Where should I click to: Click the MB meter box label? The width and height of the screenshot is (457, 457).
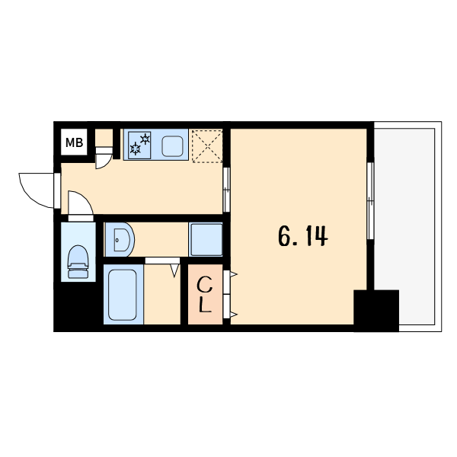[74, 143]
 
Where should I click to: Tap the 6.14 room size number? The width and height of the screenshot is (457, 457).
[303, 236]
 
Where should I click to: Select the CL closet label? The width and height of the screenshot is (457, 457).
[205, 295]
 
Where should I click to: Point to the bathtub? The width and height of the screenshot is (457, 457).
[123, 295]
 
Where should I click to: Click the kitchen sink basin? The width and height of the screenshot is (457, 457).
[173, 146]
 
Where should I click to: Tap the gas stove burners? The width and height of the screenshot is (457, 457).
[139, 145]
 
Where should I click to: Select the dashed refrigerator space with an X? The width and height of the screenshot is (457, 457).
[207, 146]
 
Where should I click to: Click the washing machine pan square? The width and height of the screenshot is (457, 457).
[206, 240]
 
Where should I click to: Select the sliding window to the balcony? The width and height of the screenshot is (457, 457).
[370, 201]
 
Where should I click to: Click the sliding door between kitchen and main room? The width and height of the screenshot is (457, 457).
[226, 190]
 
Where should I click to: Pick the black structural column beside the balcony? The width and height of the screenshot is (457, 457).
[376, 311]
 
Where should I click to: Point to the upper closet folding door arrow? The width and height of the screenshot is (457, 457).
[234, 274]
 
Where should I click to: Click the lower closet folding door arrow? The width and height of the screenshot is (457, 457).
[234, 315]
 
